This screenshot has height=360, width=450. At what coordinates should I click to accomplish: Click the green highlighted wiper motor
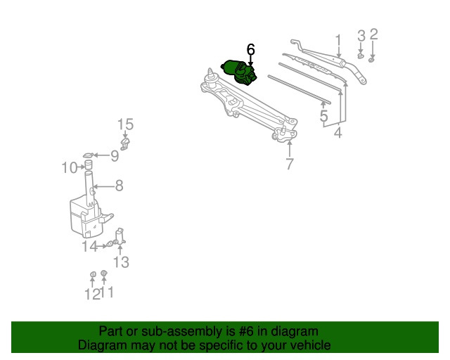[239, 72]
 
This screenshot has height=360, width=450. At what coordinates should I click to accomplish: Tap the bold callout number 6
[250, 49]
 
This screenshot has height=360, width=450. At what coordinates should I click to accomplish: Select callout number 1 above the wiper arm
[339, 41]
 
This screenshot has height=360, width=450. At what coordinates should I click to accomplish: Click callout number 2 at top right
[373, 34]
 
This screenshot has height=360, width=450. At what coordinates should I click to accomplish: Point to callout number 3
[361, 36]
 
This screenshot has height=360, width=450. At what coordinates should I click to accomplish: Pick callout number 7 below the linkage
[290, 164]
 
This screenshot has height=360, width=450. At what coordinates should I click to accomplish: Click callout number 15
[125, 124]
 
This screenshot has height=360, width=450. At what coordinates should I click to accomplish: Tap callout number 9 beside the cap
[115, 156]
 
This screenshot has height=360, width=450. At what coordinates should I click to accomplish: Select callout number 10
[70, 167]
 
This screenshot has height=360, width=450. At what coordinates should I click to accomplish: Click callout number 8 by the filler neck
[119, 186]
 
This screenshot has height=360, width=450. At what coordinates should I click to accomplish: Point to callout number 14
[89, 247]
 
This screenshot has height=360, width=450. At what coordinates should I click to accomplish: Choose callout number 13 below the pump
[121, 262]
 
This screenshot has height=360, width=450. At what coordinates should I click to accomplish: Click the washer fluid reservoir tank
[86, 217]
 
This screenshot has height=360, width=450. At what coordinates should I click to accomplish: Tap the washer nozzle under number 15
[125, 144]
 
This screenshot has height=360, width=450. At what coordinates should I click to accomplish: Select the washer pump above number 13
[120, 236]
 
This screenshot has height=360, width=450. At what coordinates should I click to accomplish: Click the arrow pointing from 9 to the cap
[102, 155]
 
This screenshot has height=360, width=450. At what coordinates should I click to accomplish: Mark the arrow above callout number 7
[290, 148]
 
